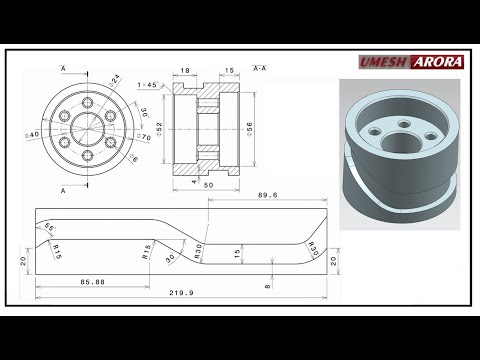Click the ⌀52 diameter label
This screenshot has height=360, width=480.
(x=158, y=130)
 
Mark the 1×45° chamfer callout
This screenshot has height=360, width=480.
(x=149, y=85)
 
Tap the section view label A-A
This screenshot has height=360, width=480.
(x=259, y=68)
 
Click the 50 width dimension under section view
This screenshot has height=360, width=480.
(x=207, y=186)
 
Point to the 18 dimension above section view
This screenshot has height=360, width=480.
(x=185, y=71)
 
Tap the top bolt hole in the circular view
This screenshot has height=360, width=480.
(x=89, y=103)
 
